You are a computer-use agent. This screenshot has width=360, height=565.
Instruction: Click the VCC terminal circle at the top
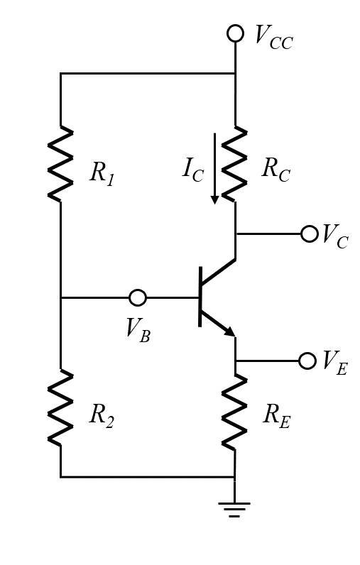point(235,33)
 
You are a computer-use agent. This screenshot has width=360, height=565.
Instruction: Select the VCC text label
point(273,36)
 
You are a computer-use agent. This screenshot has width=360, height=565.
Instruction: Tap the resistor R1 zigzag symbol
point(60,164)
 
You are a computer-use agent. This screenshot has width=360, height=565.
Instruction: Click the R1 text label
point(102,172)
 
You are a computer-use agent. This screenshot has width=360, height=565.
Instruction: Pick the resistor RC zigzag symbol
point(234,164)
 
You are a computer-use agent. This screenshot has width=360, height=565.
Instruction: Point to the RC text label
point(276,169)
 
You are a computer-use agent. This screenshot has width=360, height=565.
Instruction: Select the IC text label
point(192,170)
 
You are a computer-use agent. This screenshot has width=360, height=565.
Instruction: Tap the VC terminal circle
point(310,234)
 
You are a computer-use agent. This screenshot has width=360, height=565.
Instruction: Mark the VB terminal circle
point(138,297)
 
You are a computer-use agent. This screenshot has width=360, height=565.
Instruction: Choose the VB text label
point(138,329)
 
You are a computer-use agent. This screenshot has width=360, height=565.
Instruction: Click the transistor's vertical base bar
point(200,297)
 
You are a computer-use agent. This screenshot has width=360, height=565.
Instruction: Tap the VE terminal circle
point(307,361)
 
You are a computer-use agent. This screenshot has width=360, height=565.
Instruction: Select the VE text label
point(334,362)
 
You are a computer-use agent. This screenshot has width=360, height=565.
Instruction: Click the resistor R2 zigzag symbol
point(60,407)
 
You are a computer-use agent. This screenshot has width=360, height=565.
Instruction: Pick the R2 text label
point(102,415)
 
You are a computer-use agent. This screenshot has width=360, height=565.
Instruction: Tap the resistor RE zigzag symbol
point(234,412)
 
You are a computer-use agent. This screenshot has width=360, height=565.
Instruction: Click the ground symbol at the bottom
point(234,509)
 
